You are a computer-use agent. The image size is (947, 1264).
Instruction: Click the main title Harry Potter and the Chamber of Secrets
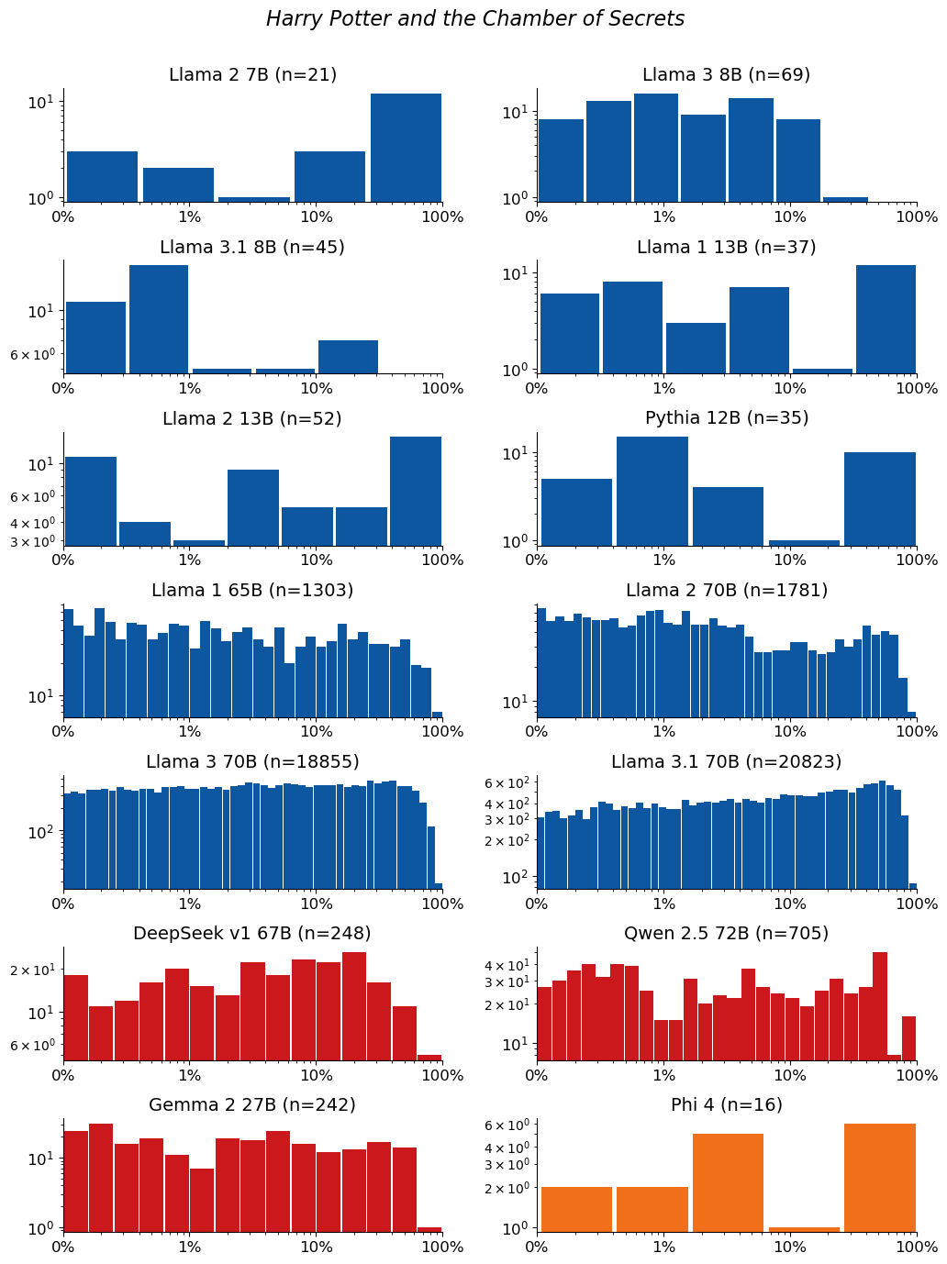pos(474,19)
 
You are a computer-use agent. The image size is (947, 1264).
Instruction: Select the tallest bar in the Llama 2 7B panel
pos(406,148)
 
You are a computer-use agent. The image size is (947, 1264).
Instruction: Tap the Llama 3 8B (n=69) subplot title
pos(726,75)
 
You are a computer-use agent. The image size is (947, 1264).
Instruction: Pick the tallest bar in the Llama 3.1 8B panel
pos(159,319)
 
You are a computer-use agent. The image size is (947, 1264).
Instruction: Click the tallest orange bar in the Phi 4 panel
pos(880,1177)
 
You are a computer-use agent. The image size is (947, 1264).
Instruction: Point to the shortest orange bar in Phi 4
pos(804,1229)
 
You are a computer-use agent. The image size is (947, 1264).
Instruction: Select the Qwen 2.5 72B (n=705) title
pos(726,933)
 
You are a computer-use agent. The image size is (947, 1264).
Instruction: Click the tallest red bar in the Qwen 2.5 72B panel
pos(880,1006)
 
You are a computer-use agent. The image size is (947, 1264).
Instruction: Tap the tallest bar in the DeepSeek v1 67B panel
pos(353,1006)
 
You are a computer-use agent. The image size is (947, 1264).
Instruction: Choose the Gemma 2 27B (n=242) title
pos(252,1104)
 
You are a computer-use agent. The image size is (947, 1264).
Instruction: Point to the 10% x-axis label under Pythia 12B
pos(790,560)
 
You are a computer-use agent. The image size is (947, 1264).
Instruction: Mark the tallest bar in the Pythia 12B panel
pos(652,492)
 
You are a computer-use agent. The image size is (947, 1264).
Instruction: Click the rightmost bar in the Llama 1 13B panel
pos(886,319)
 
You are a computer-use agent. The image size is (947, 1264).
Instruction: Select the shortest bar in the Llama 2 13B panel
pos(199,543)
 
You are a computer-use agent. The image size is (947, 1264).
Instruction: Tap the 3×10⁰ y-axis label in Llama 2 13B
pos(32,541)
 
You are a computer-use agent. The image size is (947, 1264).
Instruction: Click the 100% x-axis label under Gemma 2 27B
pos(442,1247)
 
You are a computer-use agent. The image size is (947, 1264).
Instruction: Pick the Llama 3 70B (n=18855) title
pos(252,761)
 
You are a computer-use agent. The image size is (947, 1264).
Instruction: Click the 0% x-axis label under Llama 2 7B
pos(63,216)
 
